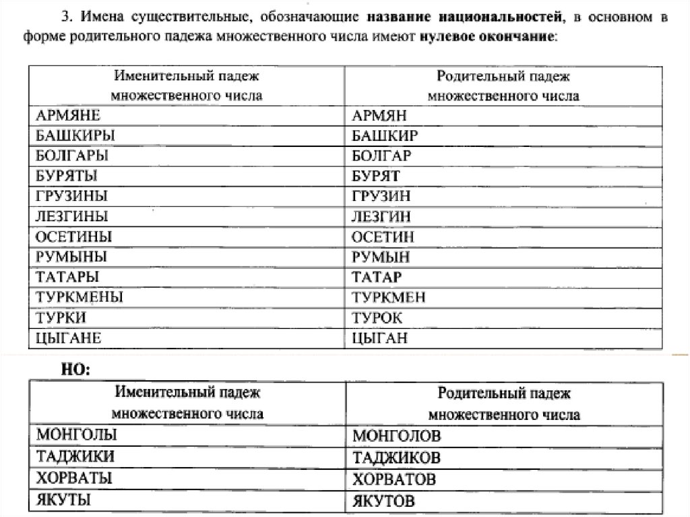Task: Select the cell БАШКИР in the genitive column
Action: pos(385,135)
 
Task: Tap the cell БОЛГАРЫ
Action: pos(70,156)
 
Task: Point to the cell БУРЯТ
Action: pos(376,176)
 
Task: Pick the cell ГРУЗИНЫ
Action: pos(70,196)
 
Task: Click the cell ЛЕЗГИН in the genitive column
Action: pos(381,217)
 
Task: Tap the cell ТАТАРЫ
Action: pos(65,277)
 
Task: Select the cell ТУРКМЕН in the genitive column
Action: pos(389,297)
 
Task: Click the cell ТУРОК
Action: pos(377,317)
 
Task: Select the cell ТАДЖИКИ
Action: pos(75,456)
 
